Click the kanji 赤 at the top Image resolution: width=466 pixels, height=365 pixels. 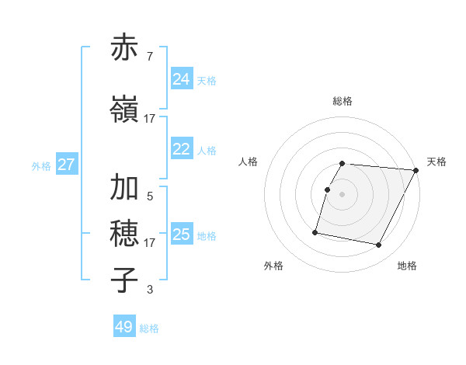pyautogui.click(x=125, y=48)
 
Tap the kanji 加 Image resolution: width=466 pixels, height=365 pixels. pyautogui.click(x=125, y=187)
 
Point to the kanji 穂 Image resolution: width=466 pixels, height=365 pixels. pyautogui.click(x=125, y=233)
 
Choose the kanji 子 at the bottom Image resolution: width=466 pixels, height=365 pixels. pyautogui.click(x=125, y=280)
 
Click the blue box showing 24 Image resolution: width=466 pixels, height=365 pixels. pyautogui.click(x=182, y=79)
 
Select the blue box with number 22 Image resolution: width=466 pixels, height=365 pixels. pyautogui.click(x=182, y=149)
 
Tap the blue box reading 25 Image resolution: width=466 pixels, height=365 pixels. pyautogui.click(x=182, y=235)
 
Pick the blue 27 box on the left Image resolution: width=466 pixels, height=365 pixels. pyautogui.click(x=67, y=165)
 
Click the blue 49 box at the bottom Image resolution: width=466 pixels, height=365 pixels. pyautogui.click(x=124, y=327)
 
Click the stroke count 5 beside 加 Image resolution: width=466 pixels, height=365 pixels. pyautogui.click(x=150, y=196)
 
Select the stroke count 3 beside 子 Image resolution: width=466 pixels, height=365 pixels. pyautogui.click(x=150, y=290)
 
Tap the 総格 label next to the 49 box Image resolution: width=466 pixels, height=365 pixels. pyautogui.click(x=150, y=328)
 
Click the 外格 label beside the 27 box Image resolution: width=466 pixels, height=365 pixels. pyautogui.click(x=41, y=165)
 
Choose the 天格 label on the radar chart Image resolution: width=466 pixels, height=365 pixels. pyautogui.click(x=436, y=162)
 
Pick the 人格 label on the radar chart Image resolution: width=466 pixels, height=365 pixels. pyautogui.click(x=248, y=162)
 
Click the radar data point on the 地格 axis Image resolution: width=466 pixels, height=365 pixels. pyautogui.click(x=379, y=245)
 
